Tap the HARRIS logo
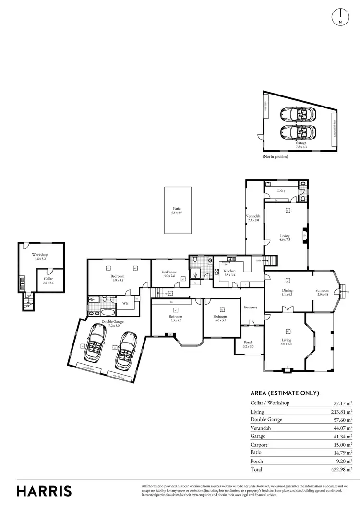point(44,491)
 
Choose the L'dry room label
point(282,191)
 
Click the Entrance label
point(251,308)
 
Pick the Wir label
point(125,303)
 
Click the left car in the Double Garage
point(96,343)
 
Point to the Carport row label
point(259,445)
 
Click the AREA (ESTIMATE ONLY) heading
point(285,393)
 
